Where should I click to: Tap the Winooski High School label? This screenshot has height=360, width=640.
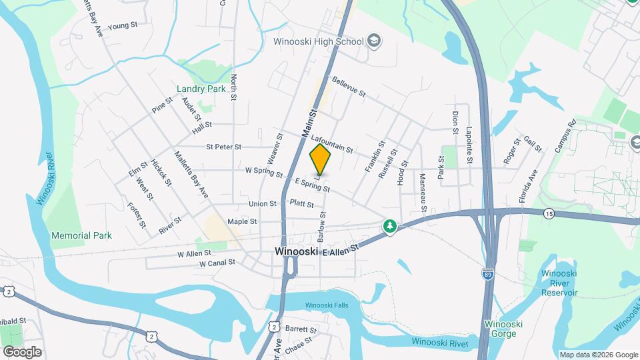tap(318, 41)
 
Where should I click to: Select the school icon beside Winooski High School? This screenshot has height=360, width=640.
tap(374, 41)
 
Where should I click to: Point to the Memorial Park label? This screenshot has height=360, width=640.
tap(81, 235)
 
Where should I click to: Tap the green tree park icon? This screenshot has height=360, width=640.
tap(389, 227)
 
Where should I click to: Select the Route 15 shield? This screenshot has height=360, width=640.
tap(548, 213)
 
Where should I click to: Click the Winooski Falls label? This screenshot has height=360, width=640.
tap(327, 305)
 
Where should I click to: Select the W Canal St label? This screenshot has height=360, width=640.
tap(217, 263)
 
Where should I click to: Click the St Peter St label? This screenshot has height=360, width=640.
tap(223, 147)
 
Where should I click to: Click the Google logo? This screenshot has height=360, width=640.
tap(22, 351)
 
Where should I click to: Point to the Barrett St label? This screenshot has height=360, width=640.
tap(301, 330)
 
